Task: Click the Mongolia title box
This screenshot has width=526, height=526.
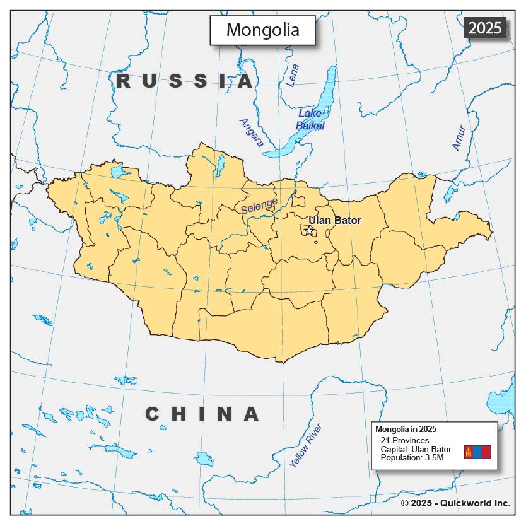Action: [262, 30]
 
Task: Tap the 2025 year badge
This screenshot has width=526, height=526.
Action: [485, 28]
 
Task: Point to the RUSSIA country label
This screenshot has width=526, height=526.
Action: [185, 81]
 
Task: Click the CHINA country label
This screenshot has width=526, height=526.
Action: [202, 414]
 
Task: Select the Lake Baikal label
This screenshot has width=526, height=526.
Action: [310, 119]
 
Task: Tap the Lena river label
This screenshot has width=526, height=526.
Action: [293, 76]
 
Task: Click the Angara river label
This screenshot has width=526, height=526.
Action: [251, 132]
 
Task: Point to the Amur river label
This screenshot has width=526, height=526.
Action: [459, 138]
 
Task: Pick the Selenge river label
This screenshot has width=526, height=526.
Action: [259, 207]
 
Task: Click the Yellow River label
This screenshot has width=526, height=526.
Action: [306, 445]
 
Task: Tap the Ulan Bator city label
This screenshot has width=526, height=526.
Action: [335, 221]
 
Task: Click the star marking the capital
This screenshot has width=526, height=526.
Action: [310, 231]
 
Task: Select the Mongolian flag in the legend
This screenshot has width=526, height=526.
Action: [477, 452]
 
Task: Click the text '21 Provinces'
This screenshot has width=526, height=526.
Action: [405, 440]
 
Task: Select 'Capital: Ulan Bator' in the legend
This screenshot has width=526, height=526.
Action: [416, 449]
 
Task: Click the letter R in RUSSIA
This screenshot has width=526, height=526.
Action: [124, 81]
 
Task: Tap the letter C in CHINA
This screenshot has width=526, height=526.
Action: [152, 414]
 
